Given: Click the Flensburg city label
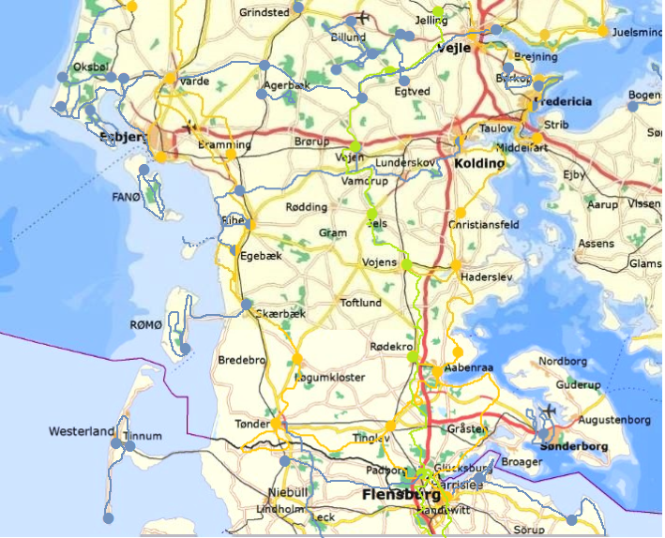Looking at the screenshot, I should pos(399,494).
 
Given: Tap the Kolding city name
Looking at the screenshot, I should pos(479,163).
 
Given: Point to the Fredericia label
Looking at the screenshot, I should pos(563,101).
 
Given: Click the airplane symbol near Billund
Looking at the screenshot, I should pos(361,19).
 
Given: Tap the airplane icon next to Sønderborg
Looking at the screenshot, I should pos(548,411).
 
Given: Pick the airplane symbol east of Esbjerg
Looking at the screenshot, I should pos(191,126).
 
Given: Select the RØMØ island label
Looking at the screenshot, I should pos(145,324).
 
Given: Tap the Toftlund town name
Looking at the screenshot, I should pos(361,304).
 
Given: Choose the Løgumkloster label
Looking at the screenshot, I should pos(329,378).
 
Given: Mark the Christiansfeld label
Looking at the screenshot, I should pos(483,226).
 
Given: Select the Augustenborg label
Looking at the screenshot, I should pos(614,420).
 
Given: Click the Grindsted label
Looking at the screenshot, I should pos(264,14).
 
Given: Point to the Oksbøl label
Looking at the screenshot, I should pos(91,67).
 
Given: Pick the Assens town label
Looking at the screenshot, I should pos(597,244).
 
